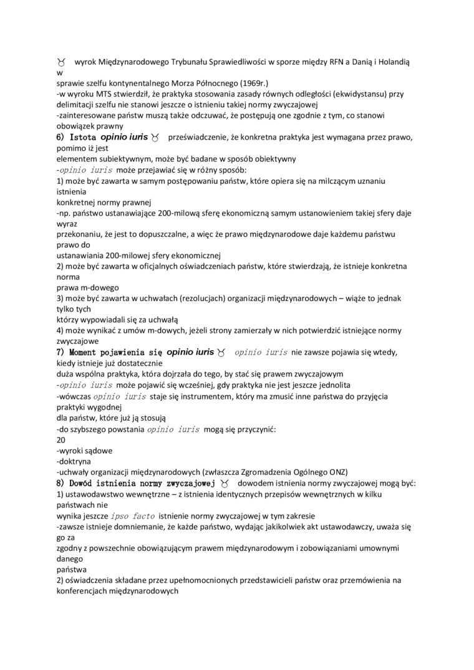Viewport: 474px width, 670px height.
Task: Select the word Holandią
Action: pyautogui.click(x=391, y=63)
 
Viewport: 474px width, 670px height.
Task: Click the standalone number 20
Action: pyautogui.click(x=61, y=439)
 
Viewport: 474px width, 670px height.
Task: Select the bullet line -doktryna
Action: pyautogui.click(x=73, y=461)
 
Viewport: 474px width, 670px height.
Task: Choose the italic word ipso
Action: pyautogui.click(x=121, y=515)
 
